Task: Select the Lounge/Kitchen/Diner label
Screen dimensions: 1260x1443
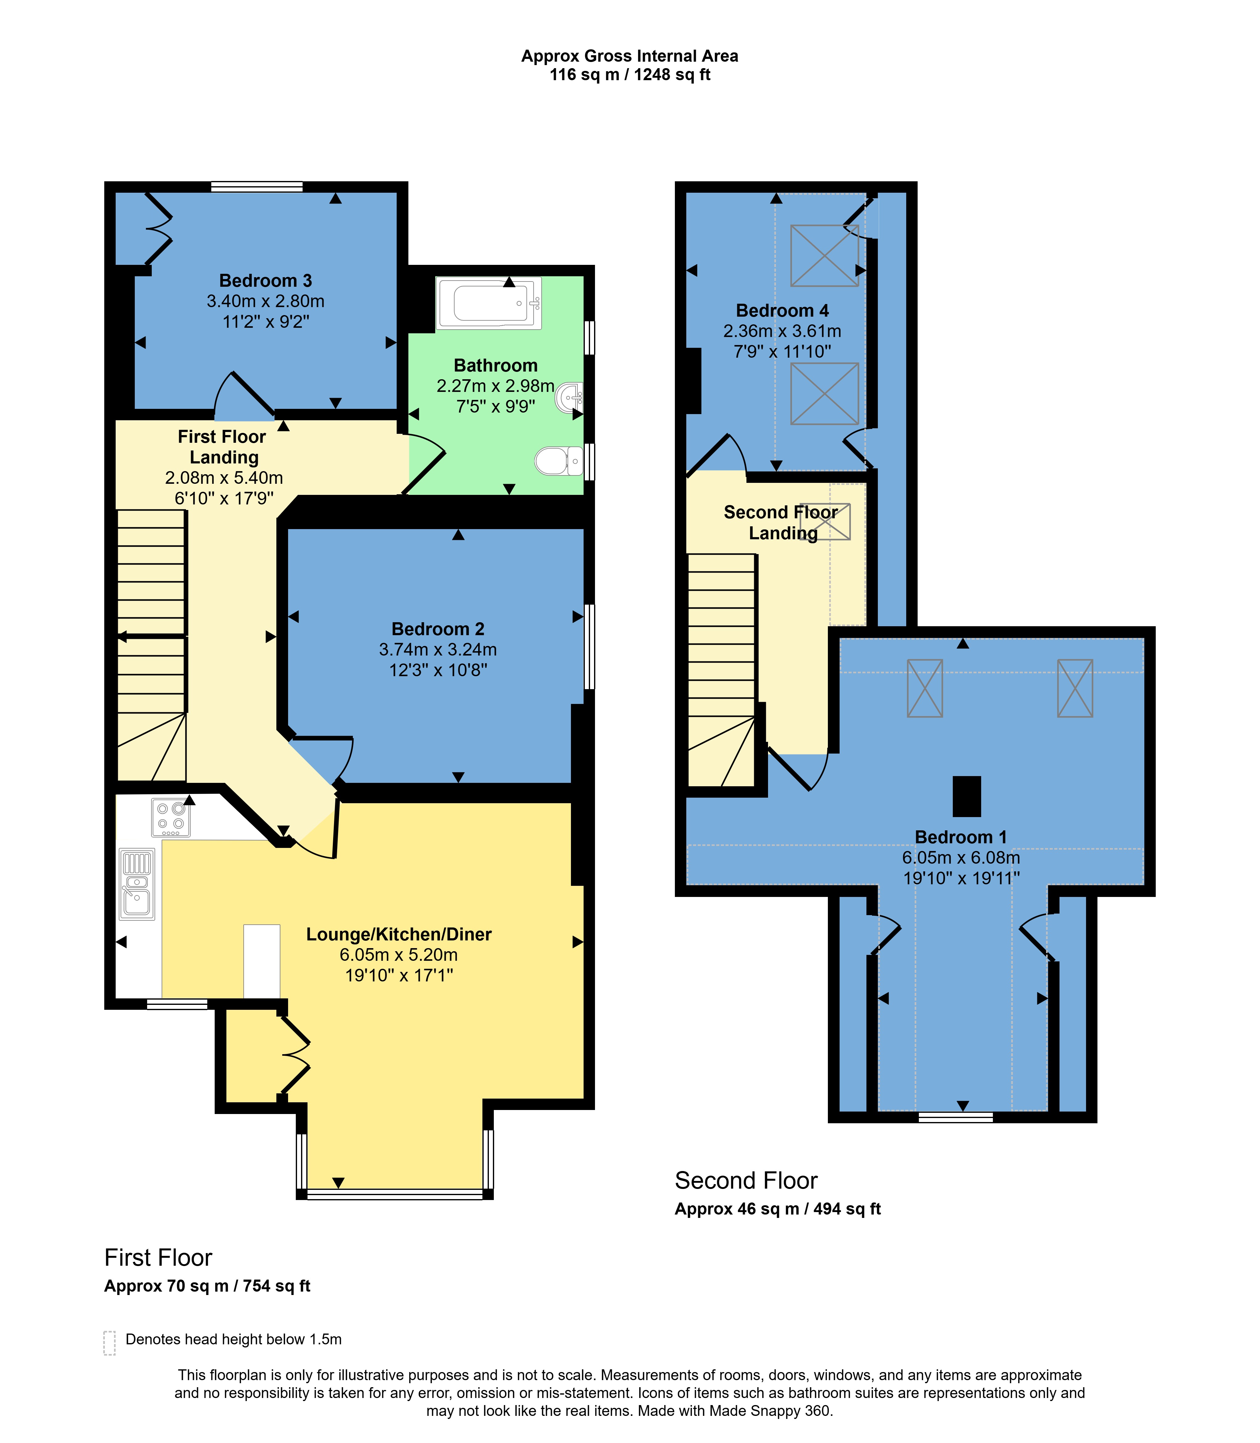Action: [399, 934]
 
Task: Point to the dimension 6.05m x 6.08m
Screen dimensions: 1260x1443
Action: [961, 857]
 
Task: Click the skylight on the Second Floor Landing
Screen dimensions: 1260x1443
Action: [825, 521]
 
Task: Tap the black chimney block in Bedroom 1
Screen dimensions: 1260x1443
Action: [967, 796]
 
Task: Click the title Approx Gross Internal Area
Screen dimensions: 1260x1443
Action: [630, 56]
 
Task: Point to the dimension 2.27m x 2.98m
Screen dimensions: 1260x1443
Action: [496, 386]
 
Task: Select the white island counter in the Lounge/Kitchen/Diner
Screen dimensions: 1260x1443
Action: [262, 961]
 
